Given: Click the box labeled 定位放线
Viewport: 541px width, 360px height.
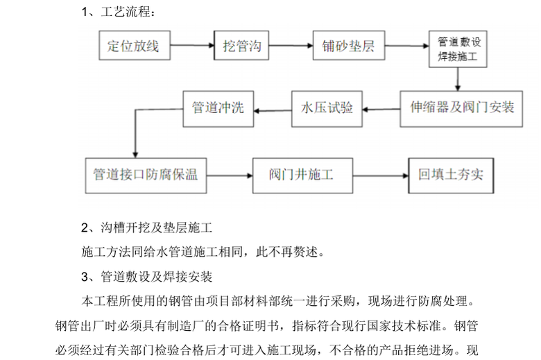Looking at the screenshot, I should pyautogui.click(x=133, y=46).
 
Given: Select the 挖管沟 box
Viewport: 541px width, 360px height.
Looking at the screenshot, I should pyautogui.click(x=241, y=46).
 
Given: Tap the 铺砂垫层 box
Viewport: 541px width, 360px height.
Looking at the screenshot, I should pyautogui.click(x=347, y=46).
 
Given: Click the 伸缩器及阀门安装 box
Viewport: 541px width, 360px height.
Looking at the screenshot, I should pyautogui.click(x=461, y=108).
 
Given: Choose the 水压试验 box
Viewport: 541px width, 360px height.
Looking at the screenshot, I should pyautogui.click(x=327, y=108).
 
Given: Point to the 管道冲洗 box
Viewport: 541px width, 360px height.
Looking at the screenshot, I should pyautogui.click(x=217, y=108).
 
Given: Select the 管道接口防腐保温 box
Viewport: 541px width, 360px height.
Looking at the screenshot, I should pyautogui.click(x=145, y=175).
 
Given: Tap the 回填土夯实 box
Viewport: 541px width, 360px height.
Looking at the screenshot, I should pyautogui.click(x=450, y=175).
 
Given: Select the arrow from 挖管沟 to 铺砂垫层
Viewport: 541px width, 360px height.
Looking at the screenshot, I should pyautogui.click(x=291, y=46).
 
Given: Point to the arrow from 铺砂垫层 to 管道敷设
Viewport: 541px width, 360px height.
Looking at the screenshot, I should pyautogui.click(x=405, y=46).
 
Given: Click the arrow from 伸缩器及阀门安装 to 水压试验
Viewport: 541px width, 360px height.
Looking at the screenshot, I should pyautogui.click(x=381, y=108).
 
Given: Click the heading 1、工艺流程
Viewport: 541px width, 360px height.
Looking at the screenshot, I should pyautogui.click(x=118, y=12).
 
